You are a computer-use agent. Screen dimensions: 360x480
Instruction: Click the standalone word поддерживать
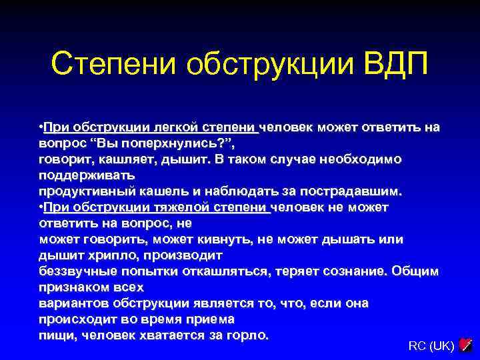click(87, 175)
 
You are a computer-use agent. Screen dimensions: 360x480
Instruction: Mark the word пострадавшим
click(356, 191)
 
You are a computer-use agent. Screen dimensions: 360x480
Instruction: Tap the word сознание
click(351, 271)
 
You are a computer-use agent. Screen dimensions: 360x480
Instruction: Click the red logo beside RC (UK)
click(466, 345)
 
